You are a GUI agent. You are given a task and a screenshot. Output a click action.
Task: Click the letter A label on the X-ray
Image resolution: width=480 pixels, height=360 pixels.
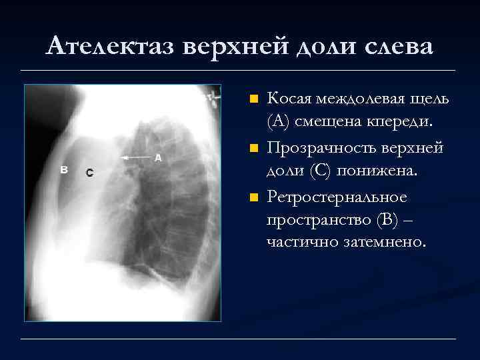158,158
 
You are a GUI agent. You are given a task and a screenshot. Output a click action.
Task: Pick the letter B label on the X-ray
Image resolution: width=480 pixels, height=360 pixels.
65,169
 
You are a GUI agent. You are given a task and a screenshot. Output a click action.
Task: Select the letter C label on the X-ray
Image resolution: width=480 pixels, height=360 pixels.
89,173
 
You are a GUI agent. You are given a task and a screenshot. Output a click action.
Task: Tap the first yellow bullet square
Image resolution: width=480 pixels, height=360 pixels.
253,99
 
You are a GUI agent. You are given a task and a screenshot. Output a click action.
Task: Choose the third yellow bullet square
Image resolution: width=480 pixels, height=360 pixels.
253,198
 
